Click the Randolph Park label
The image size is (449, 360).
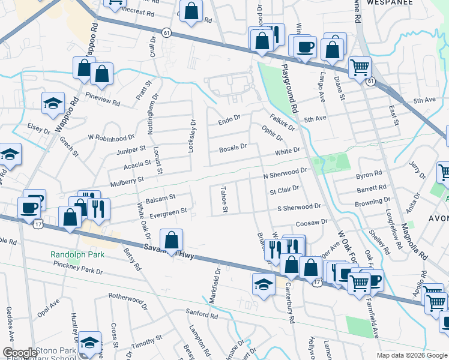tap(77, 254)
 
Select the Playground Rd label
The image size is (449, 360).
tap(289, 89)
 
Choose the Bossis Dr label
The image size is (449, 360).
tap(233, 147)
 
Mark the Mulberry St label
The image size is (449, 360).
tap(127, 179)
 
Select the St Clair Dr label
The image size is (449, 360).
tap(284, 191)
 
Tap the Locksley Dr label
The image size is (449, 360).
tap(191, 136)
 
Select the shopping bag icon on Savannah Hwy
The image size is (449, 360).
tap(172, 240)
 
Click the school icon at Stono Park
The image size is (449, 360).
tap(89, 343)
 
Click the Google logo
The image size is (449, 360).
tap(19, 353)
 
